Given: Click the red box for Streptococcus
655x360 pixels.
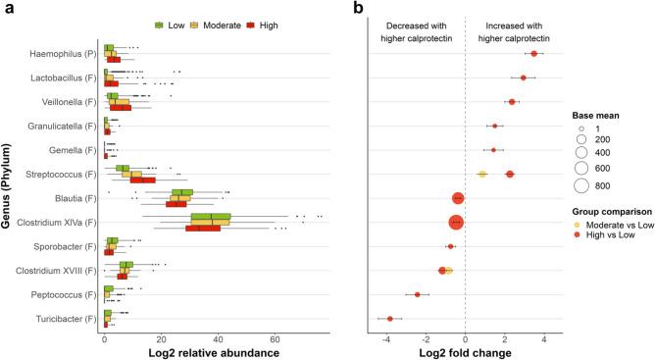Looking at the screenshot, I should point(142,180).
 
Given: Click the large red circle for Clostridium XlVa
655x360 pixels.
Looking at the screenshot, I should point(456,222).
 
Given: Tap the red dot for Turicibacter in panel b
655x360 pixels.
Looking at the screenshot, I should point(389,319).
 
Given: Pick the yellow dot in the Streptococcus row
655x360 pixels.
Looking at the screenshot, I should point(482,174).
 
